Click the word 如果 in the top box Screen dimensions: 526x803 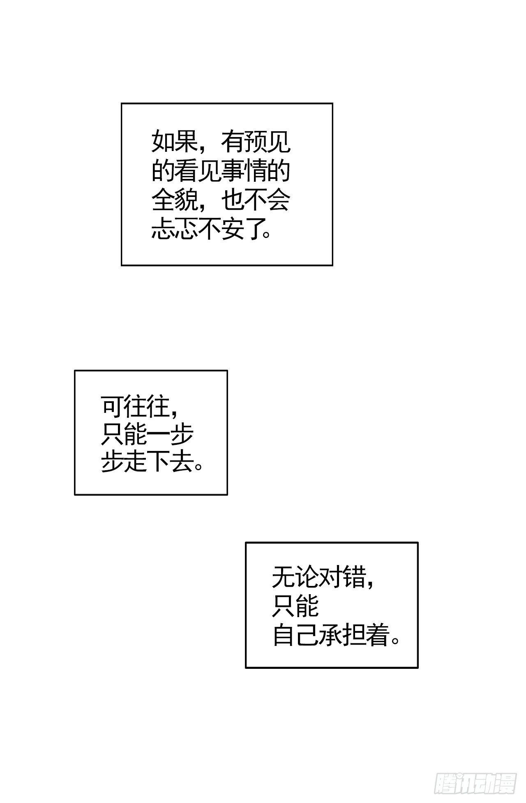[x=174, y=142]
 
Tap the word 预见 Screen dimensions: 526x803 [x=267, y=142]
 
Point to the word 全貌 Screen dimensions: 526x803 [x=174, y=200]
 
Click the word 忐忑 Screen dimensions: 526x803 [x=174, y=229]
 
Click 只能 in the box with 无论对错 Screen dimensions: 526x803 [x=295, y=606]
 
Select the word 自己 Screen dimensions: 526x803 [x=295, y=636]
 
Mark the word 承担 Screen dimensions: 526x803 [x=342, y=636]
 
